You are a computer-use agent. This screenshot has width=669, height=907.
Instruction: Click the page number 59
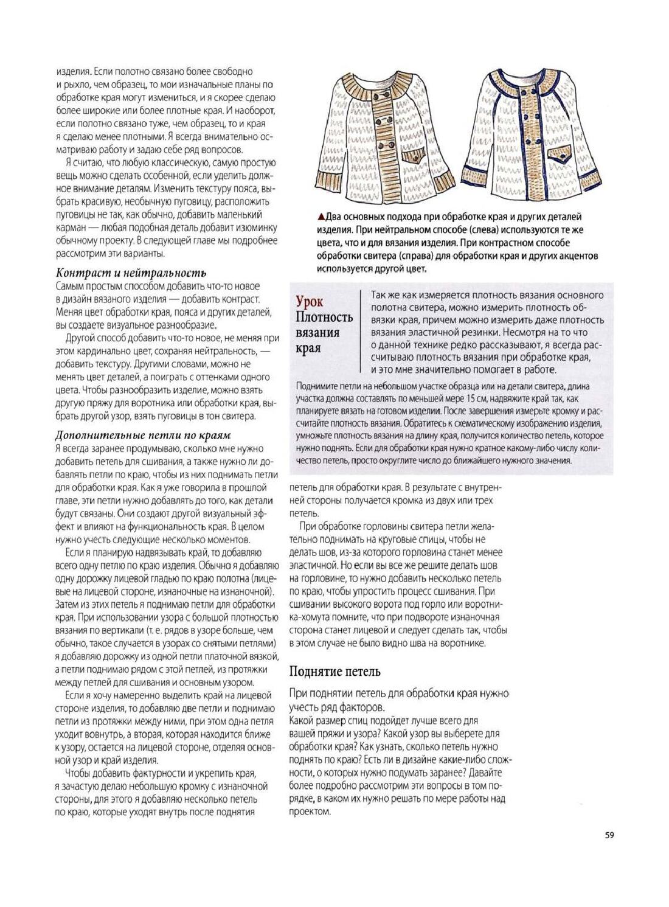[x=609, y=835]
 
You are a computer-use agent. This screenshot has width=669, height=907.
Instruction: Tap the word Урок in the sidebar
[x=309, y=301]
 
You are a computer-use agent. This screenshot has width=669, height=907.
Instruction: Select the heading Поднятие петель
[x=334, y=672]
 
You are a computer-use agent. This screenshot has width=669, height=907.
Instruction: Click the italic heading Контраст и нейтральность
[x=131, y=273]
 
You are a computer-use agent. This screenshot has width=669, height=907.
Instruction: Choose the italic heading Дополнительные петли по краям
[x=143, y=435]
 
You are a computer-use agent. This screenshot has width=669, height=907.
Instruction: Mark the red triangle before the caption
[x=321, y=217]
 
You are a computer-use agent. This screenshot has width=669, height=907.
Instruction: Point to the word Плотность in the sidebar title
[x=324, y=317]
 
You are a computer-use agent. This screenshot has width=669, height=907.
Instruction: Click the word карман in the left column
[x=71, y=228]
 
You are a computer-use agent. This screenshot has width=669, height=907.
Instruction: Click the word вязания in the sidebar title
[x=317, y=333]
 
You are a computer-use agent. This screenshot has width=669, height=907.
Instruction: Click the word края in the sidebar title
[x=308, y=349]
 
